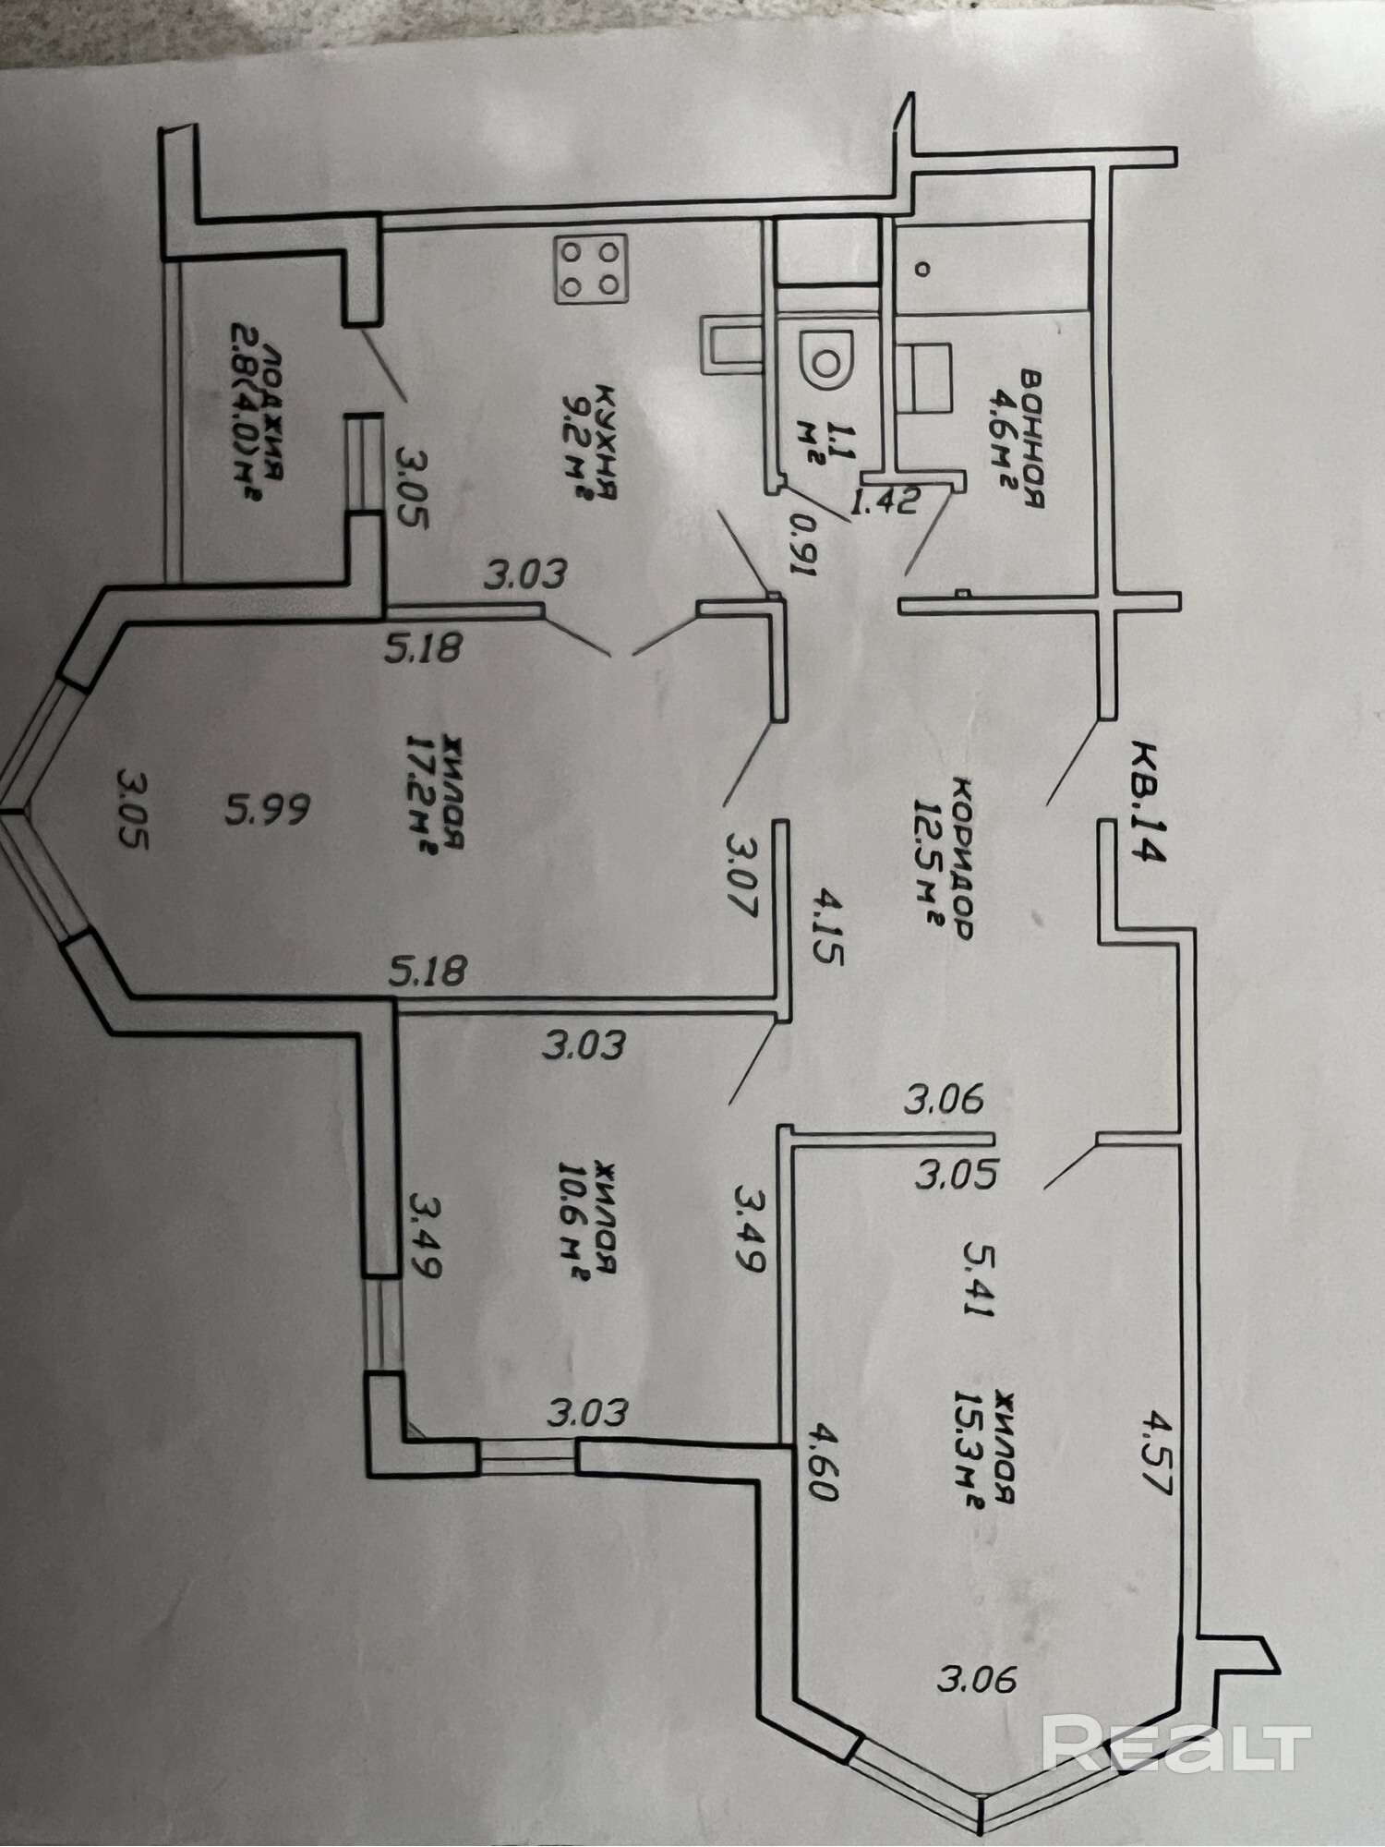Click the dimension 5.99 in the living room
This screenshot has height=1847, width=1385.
[x=267, y=811]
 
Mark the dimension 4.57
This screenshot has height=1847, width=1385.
[x=1153, y=1472]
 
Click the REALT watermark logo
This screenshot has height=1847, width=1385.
[x=1175, y=1743]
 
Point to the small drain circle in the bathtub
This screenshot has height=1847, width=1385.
[x=921, y=269]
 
